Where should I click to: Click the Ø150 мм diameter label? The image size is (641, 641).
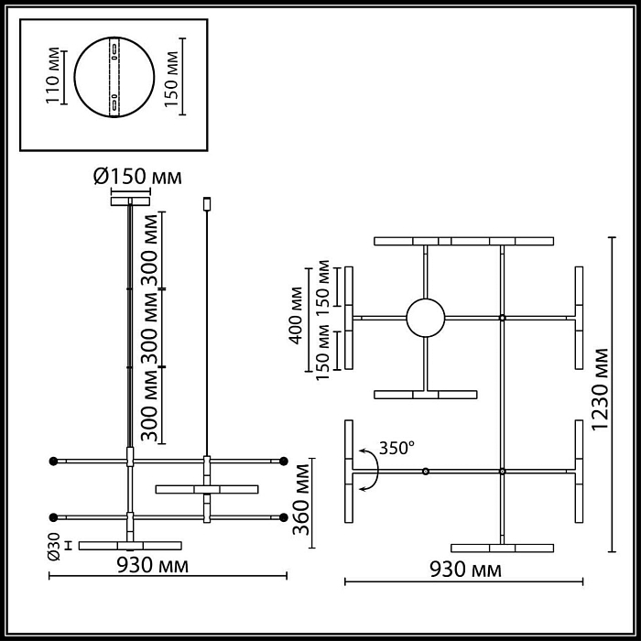pyautogui.click(x=137, y=176)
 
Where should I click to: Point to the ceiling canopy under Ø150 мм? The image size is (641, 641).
pyautogui.click(x=130, y=200)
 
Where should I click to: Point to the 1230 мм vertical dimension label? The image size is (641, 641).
pyautogui.click(x=601, y=394)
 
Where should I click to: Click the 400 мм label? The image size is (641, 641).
pyautogui.click(x=295, y=317)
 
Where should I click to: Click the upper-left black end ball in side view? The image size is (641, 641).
pyautogui.click(x=54, y=460)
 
